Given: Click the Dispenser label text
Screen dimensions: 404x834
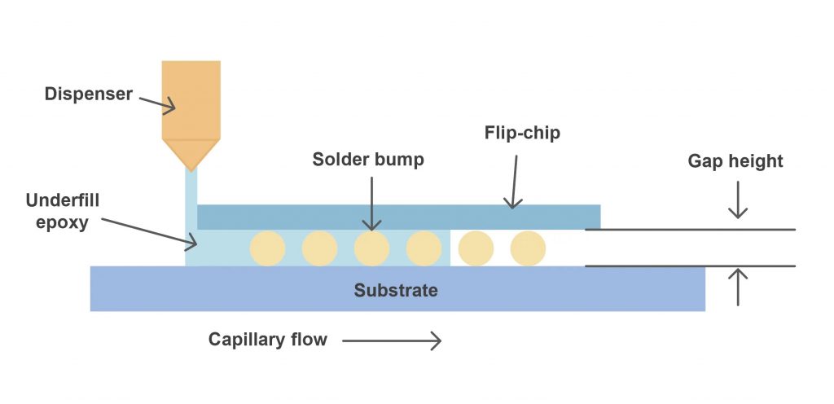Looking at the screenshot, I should [88, 94].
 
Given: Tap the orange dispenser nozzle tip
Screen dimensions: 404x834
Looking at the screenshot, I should [191, 155].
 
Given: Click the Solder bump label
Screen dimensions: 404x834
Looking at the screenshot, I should [368, 159].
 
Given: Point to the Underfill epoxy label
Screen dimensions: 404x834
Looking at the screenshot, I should [57, 211].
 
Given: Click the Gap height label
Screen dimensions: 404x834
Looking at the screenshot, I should [735, 161].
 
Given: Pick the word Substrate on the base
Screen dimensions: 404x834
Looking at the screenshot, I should [396, 290].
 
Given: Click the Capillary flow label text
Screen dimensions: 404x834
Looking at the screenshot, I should [267, 340].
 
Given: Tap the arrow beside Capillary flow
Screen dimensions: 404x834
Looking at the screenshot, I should [392, 340].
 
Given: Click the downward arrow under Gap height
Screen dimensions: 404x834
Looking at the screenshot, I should [737, 200].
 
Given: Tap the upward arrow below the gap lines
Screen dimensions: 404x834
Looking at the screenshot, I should [737, 287].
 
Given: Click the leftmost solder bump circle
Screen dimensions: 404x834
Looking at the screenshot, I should [267, 248].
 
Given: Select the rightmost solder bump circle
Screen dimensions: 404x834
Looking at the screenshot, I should [528, 248].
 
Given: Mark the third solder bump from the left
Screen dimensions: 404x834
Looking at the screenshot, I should [371, 248].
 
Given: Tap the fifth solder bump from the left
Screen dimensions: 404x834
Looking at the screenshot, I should [476, 248].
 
